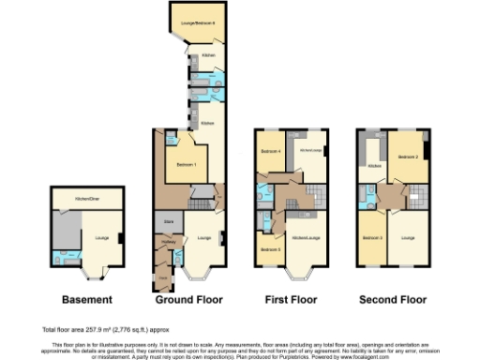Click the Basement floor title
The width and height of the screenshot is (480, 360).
pyautogui.click(x=86, y=300)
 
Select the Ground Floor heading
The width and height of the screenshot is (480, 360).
pyautogui.click(x=191, y=300)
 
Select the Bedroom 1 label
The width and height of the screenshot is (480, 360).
pyautogui.click(x=186, y=164)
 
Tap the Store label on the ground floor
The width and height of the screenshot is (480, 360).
pyautogui.click(x=170, y=221)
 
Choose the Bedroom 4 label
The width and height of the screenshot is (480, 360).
pyautogui.click(x=271, y=151)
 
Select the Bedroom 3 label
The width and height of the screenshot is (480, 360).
pyautogui.click(x=372, y=238)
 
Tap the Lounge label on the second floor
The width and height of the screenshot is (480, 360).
pyautogui.click(x=408, y=238)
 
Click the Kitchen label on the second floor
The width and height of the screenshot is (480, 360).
pyautogui.click(x=373, y=166)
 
